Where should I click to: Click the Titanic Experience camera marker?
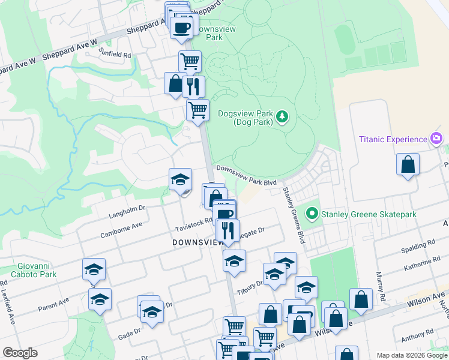click(436, 139)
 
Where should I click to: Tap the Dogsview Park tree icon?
click(282, 117)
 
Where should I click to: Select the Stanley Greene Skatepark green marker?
click(312, 214)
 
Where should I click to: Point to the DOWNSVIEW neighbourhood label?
click(197, 242)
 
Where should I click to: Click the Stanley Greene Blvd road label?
click(293, 214)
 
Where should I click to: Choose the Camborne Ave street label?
click(121, 229)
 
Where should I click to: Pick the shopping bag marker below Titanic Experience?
click(408, 164)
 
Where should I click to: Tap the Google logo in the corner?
click(20, 353)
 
